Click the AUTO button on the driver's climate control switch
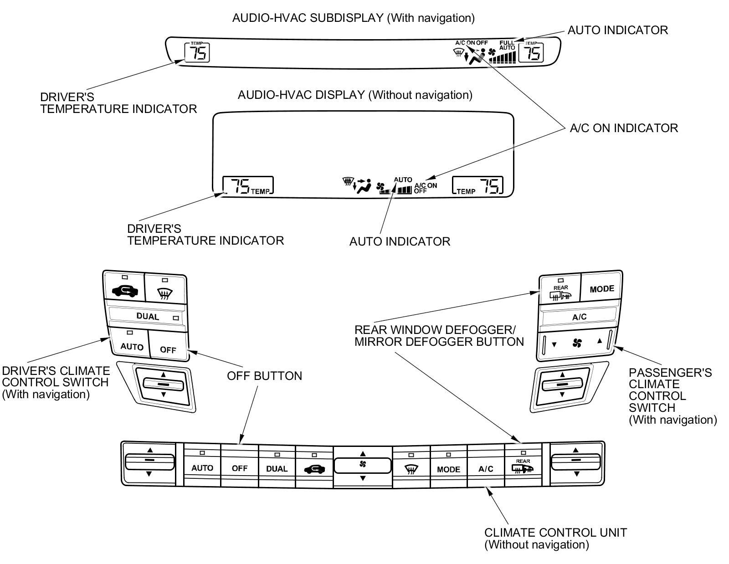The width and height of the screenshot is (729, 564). (132, 344)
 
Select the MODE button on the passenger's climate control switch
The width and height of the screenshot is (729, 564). (601, 288)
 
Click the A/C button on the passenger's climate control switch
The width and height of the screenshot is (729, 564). (579, 317)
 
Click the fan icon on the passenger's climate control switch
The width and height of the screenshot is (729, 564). (577, 343)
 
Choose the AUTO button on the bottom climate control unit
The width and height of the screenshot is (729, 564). (202, 468)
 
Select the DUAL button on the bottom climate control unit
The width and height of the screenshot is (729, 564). (277, 468)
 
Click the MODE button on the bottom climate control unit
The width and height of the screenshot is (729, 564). (448, 469)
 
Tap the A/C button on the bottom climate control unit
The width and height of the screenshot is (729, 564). (486, 469)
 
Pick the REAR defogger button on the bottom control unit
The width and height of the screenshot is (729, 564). (523, 467)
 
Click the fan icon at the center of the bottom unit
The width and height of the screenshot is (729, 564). (363, 465)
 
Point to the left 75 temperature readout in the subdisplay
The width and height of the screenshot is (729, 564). (197, 52)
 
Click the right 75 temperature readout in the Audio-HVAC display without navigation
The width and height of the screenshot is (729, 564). (490, 186)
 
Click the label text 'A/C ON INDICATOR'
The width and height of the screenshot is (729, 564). (623, 128)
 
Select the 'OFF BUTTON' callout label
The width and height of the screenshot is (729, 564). (264, 376)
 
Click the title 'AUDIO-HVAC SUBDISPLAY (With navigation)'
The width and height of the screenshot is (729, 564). (353, 18)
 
